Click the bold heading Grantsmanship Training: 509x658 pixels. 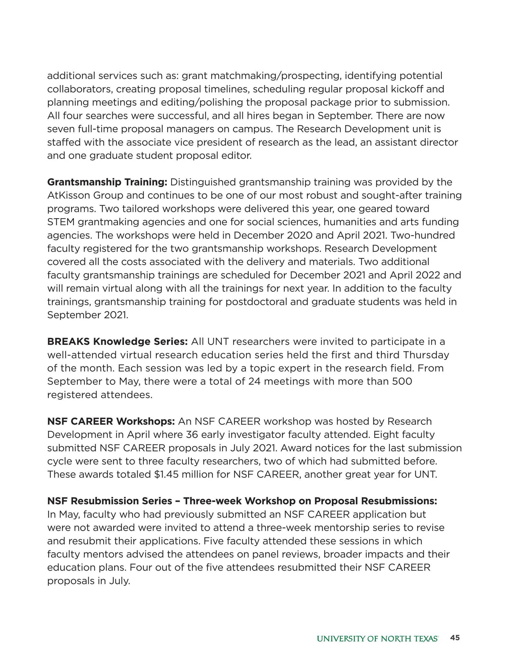point(107,182)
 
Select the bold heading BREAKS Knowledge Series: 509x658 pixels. point(117,341)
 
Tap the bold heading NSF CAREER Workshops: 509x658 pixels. point(111,421)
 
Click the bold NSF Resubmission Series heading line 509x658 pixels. point(242,501)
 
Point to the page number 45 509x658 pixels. point(455,638)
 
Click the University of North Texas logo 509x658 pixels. point(377,638)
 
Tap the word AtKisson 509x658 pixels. point(68,195)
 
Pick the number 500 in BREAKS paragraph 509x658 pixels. point(402,381)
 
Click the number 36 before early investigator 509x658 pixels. point(193,434)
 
